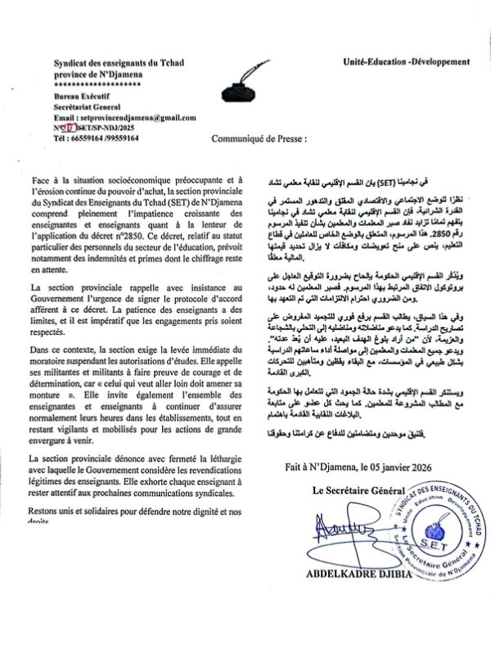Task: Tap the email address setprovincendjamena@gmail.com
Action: point(125,118)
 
